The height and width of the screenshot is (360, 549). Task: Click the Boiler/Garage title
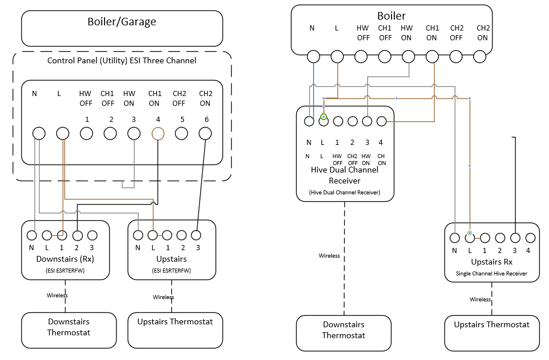[x=122, y=22]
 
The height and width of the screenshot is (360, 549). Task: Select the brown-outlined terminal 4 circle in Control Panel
[x=158, y=133]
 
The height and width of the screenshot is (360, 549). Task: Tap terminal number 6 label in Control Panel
[x=205, y=119]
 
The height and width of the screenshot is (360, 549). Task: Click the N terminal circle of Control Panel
[x=39, y=133]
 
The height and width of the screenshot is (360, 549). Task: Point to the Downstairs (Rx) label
[x=65, y=259]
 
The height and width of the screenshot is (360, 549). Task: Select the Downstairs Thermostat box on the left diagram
[x=68, y=327]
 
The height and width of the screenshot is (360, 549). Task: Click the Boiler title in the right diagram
[x=391, y=16]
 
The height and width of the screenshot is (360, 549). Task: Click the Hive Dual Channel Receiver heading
[x=344, y=175]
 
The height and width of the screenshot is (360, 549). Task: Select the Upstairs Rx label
[x=492, y=262]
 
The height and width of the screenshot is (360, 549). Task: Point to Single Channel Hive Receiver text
[x=492, y=274]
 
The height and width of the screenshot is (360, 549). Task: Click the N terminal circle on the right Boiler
[x=313, y=56]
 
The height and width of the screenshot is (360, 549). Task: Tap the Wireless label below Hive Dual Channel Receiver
[x=329, y=256]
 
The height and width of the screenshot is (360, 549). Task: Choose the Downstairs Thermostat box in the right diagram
[x=343, y=331]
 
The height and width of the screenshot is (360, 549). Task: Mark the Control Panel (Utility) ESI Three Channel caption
[x=121, y=60]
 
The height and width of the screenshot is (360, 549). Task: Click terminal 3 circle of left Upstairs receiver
[x=196, y=235]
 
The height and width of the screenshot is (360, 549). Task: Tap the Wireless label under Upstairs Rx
[x=480, y=300]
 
